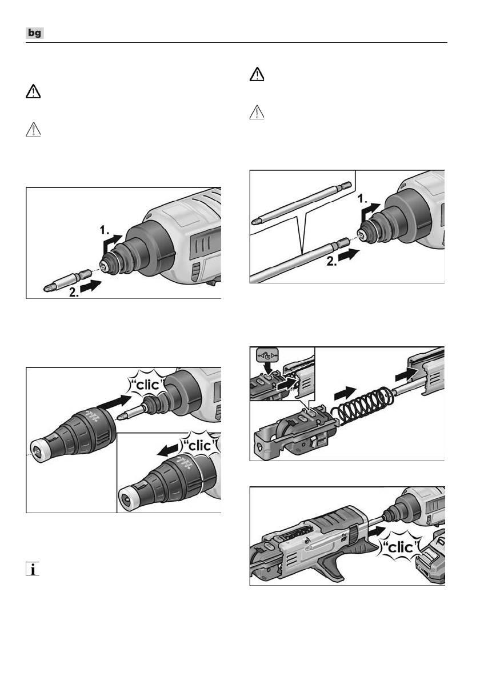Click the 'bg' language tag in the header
pos(35,33)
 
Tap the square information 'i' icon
pos(33,569)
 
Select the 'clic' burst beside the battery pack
pos(399,547)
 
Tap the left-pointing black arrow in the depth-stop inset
pos(167,451)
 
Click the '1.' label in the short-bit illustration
pos(105,230)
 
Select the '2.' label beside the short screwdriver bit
pos(74,293)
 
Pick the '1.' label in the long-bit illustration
pos(362,199)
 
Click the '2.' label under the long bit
pos(331,261)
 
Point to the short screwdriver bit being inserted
pos(67,281)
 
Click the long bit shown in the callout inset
pos(301,203)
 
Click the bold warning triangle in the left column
pos(33,91)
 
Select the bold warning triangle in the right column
pos(257,75)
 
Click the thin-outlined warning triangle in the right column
pos(257,113)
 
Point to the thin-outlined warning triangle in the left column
pos(33,130)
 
